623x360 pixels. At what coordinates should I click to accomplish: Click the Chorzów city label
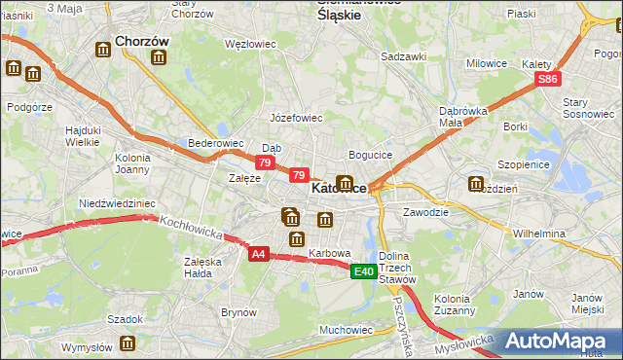(142, 42)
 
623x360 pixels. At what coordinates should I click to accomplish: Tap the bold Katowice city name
(338, 188)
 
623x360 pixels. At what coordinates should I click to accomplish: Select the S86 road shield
(549, 80)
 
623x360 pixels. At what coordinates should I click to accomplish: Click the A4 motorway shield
(258, 254)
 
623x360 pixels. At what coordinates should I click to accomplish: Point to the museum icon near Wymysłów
(128, 342)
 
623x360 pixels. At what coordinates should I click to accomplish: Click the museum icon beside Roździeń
(476, 184)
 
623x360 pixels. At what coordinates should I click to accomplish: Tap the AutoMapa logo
(556, 341)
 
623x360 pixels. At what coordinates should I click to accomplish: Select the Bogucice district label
(370, 155)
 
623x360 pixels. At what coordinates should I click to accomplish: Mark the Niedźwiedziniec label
(117, 203)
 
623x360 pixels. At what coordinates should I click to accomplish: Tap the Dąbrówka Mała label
(462, 117)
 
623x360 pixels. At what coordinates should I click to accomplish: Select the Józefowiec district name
(296, 117)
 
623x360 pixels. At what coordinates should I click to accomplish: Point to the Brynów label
(238, 312)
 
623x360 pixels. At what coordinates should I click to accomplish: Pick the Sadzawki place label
(403, 56)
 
